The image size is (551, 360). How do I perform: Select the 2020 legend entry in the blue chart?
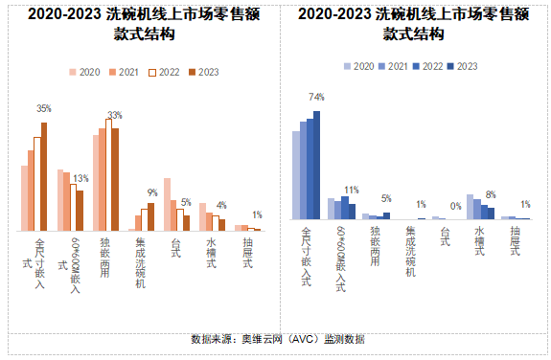(358, 66)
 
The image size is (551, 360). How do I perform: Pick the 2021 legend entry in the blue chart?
(393, 66)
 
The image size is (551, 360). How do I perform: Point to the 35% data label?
(43, 108)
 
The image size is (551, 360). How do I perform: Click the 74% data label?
(316, 97)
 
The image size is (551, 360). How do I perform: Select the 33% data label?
(114, 115)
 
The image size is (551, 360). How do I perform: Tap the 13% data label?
(80, 178)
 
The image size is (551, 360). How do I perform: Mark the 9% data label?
(151, 192)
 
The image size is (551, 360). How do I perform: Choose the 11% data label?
(352, 190)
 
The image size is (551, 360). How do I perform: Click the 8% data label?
(491, 194)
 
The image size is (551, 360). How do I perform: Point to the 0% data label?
(456, 206)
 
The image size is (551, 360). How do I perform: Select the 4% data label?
(221, 205)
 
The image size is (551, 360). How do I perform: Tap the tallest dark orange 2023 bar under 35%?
(43, 176)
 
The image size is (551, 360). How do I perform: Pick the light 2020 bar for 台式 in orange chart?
(167, 204)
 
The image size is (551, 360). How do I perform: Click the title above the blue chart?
(414, 24)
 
